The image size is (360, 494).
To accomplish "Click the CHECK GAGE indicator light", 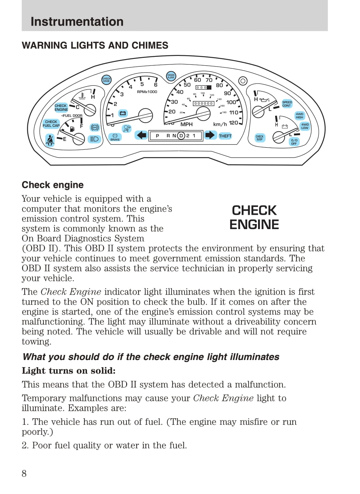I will click(x=106, y=80).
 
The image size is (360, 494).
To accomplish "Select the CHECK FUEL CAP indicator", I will click(x=51, y=123).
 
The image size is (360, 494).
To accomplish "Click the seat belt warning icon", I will click(x=50, y=140).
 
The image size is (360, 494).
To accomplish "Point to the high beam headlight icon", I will click(x=94, y=139).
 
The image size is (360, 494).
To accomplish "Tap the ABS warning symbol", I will click(x=95, y=128).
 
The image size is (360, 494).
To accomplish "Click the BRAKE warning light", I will click(x=115, y=137).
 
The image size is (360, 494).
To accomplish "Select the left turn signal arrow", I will click(x=141, y=135).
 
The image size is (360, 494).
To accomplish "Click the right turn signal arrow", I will click(x=210, y=135).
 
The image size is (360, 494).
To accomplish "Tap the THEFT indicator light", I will click(x=225, y=136).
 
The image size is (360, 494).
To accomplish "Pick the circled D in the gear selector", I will click(x=181, y=136).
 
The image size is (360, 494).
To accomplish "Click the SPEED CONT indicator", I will click(x=287, y=104).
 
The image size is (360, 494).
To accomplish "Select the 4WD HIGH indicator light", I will click(x=299, y=116).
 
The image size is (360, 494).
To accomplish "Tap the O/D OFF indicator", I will click(x=294, y=142).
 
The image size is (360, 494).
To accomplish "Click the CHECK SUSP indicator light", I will click(x=259, y=138).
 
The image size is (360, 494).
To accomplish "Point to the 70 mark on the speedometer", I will click(x=209, y=80).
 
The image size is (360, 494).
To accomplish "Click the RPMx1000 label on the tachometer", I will click(x=147, y=92).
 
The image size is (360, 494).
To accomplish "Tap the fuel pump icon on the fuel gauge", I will click(x=72, y=129).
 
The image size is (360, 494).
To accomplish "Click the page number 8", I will click(x=24, y=473).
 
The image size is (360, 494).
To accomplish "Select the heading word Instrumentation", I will click(x=77, y=21).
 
